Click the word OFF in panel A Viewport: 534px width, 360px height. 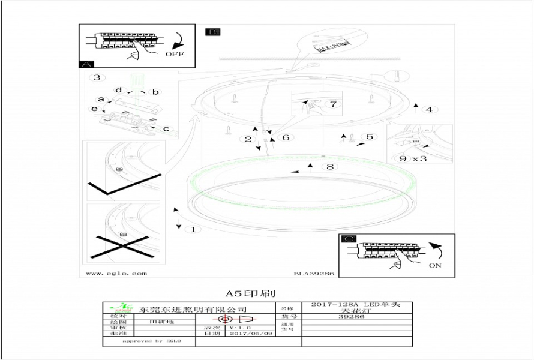pos(175,54)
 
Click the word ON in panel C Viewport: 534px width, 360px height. pos(435,265)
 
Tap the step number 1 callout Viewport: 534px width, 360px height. pos(193,229)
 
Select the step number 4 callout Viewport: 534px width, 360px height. pos(428,109)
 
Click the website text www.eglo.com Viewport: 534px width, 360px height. pos(116,273)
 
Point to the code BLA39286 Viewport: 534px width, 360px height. pos(313,273)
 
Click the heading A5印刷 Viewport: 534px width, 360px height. pos(250,293)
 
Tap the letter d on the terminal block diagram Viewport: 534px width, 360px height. pos(119,90)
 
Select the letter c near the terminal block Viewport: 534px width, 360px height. pos(166,128)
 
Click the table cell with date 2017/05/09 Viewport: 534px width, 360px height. pos(247,334)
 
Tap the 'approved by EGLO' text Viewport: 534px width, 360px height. pos(151,341)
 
